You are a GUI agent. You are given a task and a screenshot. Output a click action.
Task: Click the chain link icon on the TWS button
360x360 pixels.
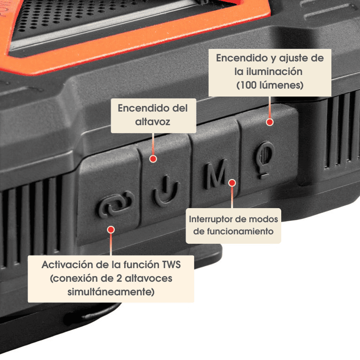(115, 204)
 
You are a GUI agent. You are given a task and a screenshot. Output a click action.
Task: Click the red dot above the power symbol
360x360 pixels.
(153, 158)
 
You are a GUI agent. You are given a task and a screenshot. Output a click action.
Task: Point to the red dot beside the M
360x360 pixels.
(232, 183)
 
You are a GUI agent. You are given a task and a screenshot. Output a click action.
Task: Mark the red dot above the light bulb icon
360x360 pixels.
(270, 122)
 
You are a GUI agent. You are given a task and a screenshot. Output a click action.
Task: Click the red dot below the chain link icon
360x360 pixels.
(111, 229)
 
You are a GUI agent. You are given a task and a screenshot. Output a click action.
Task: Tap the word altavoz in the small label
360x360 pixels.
(153, 122)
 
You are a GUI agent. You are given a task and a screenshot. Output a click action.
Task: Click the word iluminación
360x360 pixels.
(274, 72)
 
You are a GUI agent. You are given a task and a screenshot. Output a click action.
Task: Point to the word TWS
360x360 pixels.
(171, 265)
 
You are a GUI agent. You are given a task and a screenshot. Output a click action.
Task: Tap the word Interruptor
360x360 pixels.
(211, 219)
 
